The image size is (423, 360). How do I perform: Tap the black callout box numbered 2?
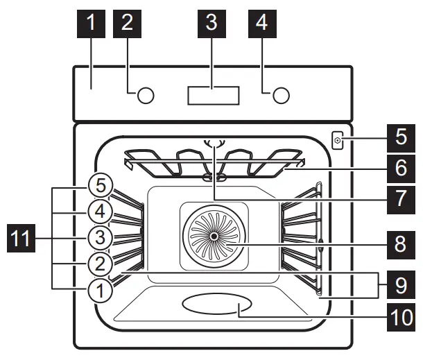[x=126, y=22]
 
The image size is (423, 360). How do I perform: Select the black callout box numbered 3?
[x=211, y=22]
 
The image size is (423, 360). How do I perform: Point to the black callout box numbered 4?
[x=261, y=22]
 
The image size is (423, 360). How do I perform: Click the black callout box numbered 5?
[x=401, y=136]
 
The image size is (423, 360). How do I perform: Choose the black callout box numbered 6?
[x=401, y=168]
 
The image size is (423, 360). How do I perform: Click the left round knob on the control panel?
[x=144, y=95]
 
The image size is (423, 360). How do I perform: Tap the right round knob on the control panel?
[x=280, y=95]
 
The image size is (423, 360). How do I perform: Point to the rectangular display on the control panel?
[x=213, y=95]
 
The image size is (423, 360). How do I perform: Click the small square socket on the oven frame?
[x=338, y=142]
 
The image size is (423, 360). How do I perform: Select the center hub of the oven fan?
[x=212, y=236]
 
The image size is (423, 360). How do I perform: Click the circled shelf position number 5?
[x=101, y=186]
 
